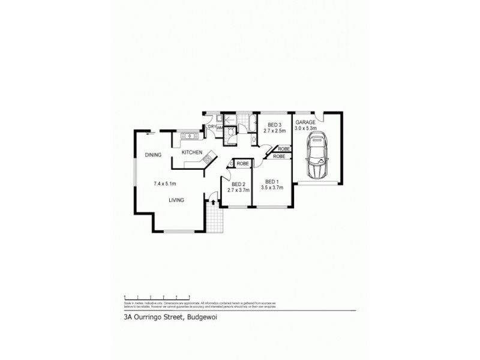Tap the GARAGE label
click(x=305, y=122)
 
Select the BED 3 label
click(x=275, y=124)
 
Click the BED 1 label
click(x=272, y=182)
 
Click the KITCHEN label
click(x=191, y=152)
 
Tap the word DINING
click(x=153, y=155)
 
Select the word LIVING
click(x=176, y=200)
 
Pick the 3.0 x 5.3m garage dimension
click(x=305, y=128)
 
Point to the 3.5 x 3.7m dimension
click(x=272, y=188)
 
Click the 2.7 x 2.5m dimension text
click(x=274, y=131)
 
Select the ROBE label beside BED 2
click(x=242, y=163)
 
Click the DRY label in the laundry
click(x=212, y=127)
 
